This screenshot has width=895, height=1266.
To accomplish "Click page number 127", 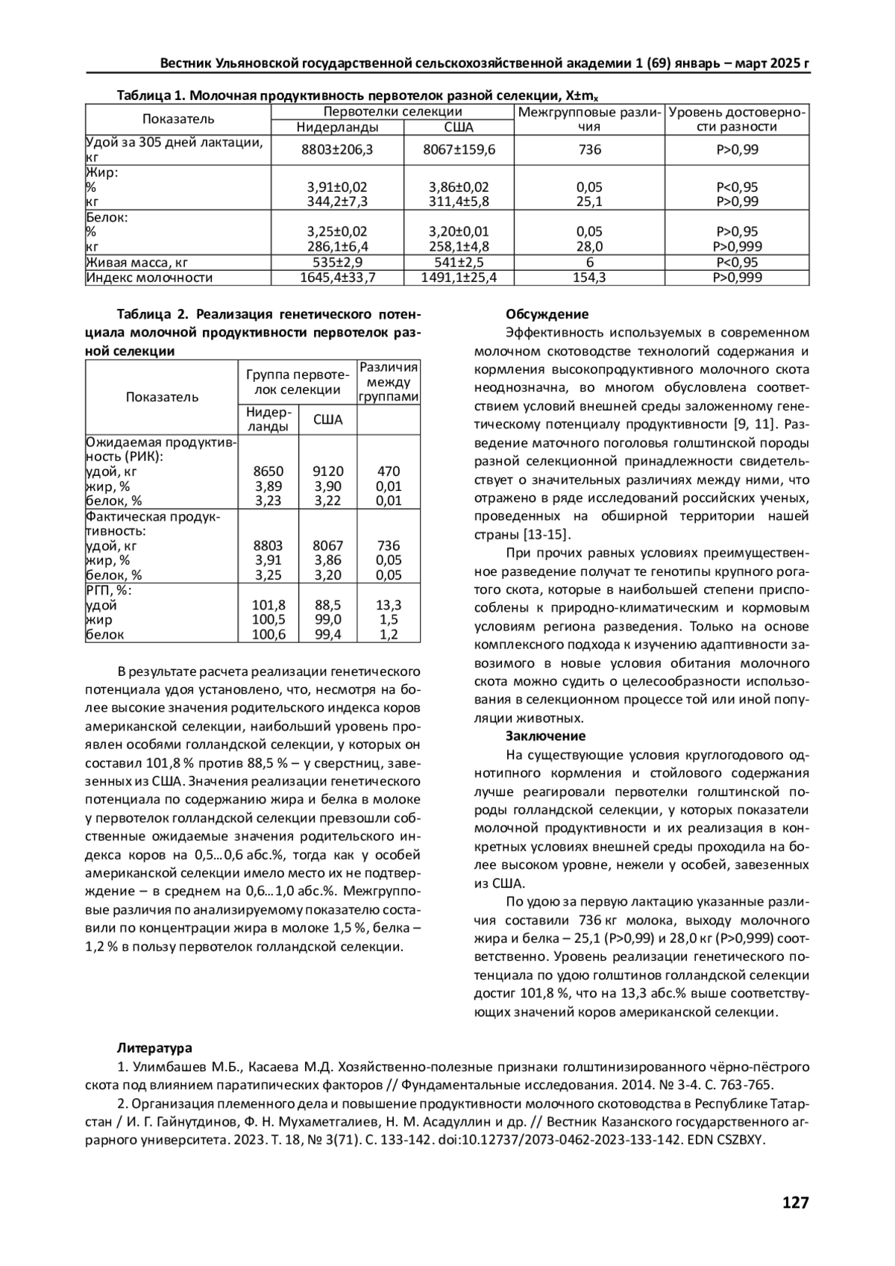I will (x=795, y=1203).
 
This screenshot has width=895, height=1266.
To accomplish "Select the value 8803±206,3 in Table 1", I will (x=336, y=150).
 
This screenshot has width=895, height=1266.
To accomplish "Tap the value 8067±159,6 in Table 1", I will (x=459, y=150).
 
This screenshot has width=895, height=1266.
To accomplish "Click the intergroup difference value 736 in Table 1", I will (x=589, y=150).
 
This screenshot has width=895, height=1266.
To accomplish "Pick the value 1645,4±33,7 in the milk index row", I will (x=336, y=278).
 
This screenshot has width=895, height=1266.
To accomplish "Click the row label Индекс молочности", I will (x=149, y=278).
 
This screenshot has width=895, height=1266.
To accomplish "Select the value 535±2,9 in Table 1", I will (x=336, y=263).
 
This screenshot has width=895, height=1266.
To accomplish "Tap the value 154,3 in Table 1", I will (x=589, y=278).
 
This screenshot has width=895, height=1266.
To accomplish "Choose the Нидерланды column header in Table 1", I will (x=336, y=127).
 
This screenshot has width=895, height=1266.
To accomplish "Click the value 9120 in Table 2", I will (x=328, y=471).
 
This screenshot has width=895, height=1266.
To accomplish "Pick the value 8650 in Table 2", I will (x=268, y=471).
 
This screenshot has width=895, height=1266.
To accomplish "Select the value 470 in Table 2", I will (x=389, y=471).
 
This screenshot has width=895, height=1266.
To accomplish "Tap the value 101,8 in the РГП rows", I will (x=269, y=605).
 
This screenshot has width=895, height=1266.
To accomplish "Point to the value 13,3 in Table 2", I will (x=389, y=605).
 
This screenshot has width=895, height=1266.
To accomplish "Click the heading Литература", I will (x=154, y=1048).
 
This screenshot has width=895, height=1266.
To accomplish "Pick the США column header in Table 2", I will (x=328, y=420).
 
